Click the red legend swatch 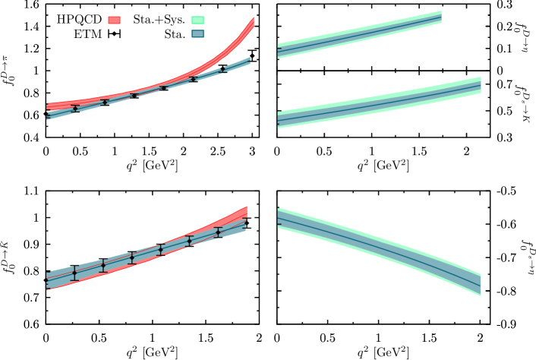tap(114, 20)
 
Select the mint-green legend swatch tap(197, 21)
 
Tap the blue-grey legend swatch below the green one tap(197, 33)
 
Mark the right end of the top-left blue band tap(248, 61)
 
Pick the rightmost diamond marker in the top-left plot tap(222, 69)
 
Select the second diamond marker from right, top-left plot tap(193, 78)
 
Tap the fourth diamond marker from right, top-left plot tap(134, 95)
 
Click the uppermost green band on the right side tap(357, 33)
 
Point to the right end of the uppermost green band tap(440, 17)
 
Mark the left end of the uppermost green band tap(279, 51)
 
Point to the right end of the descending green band tap(478, 284)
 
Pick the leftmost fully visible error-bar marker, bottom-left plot tap(74, 273)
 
